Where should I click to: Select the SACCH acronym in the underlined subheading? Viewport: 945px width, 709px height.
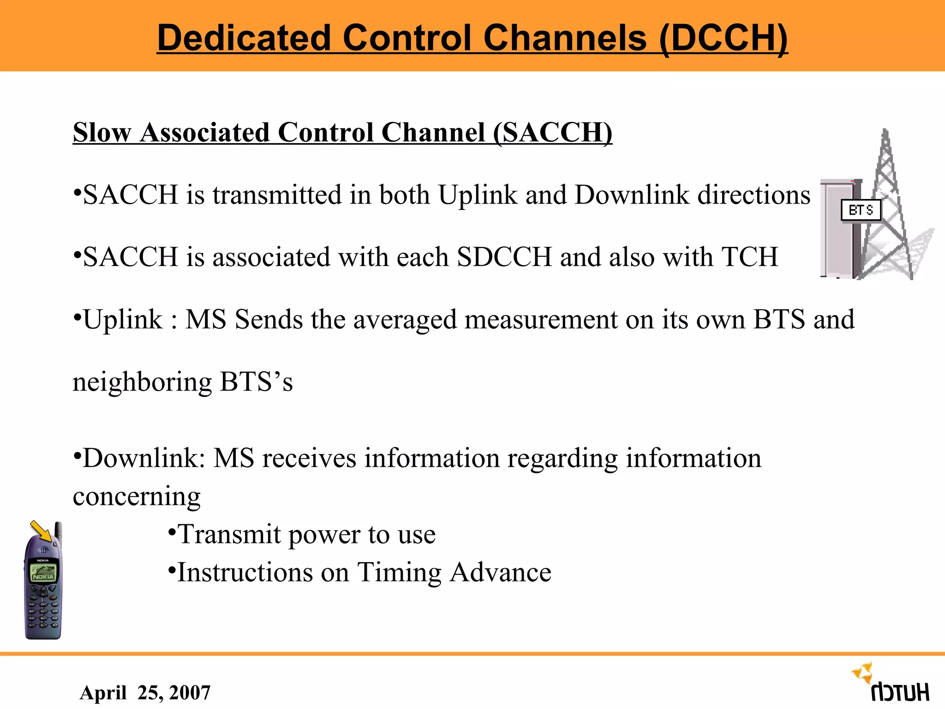point(552,133)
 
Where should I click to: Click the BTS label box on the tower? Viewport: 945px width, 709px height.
point(861,210)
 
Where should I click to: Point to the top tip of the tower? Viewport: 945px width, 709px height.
point(885,132)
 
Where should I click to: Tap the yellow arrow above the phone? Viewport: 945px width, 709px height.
point(42,531)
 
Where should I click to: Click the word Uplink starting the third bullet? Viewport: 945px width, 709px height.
point(123,319)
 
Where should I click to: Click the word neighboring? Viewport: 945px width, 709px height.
point(142,382)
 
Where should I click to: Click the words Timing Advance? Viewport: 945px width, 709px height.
point(454,572)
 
